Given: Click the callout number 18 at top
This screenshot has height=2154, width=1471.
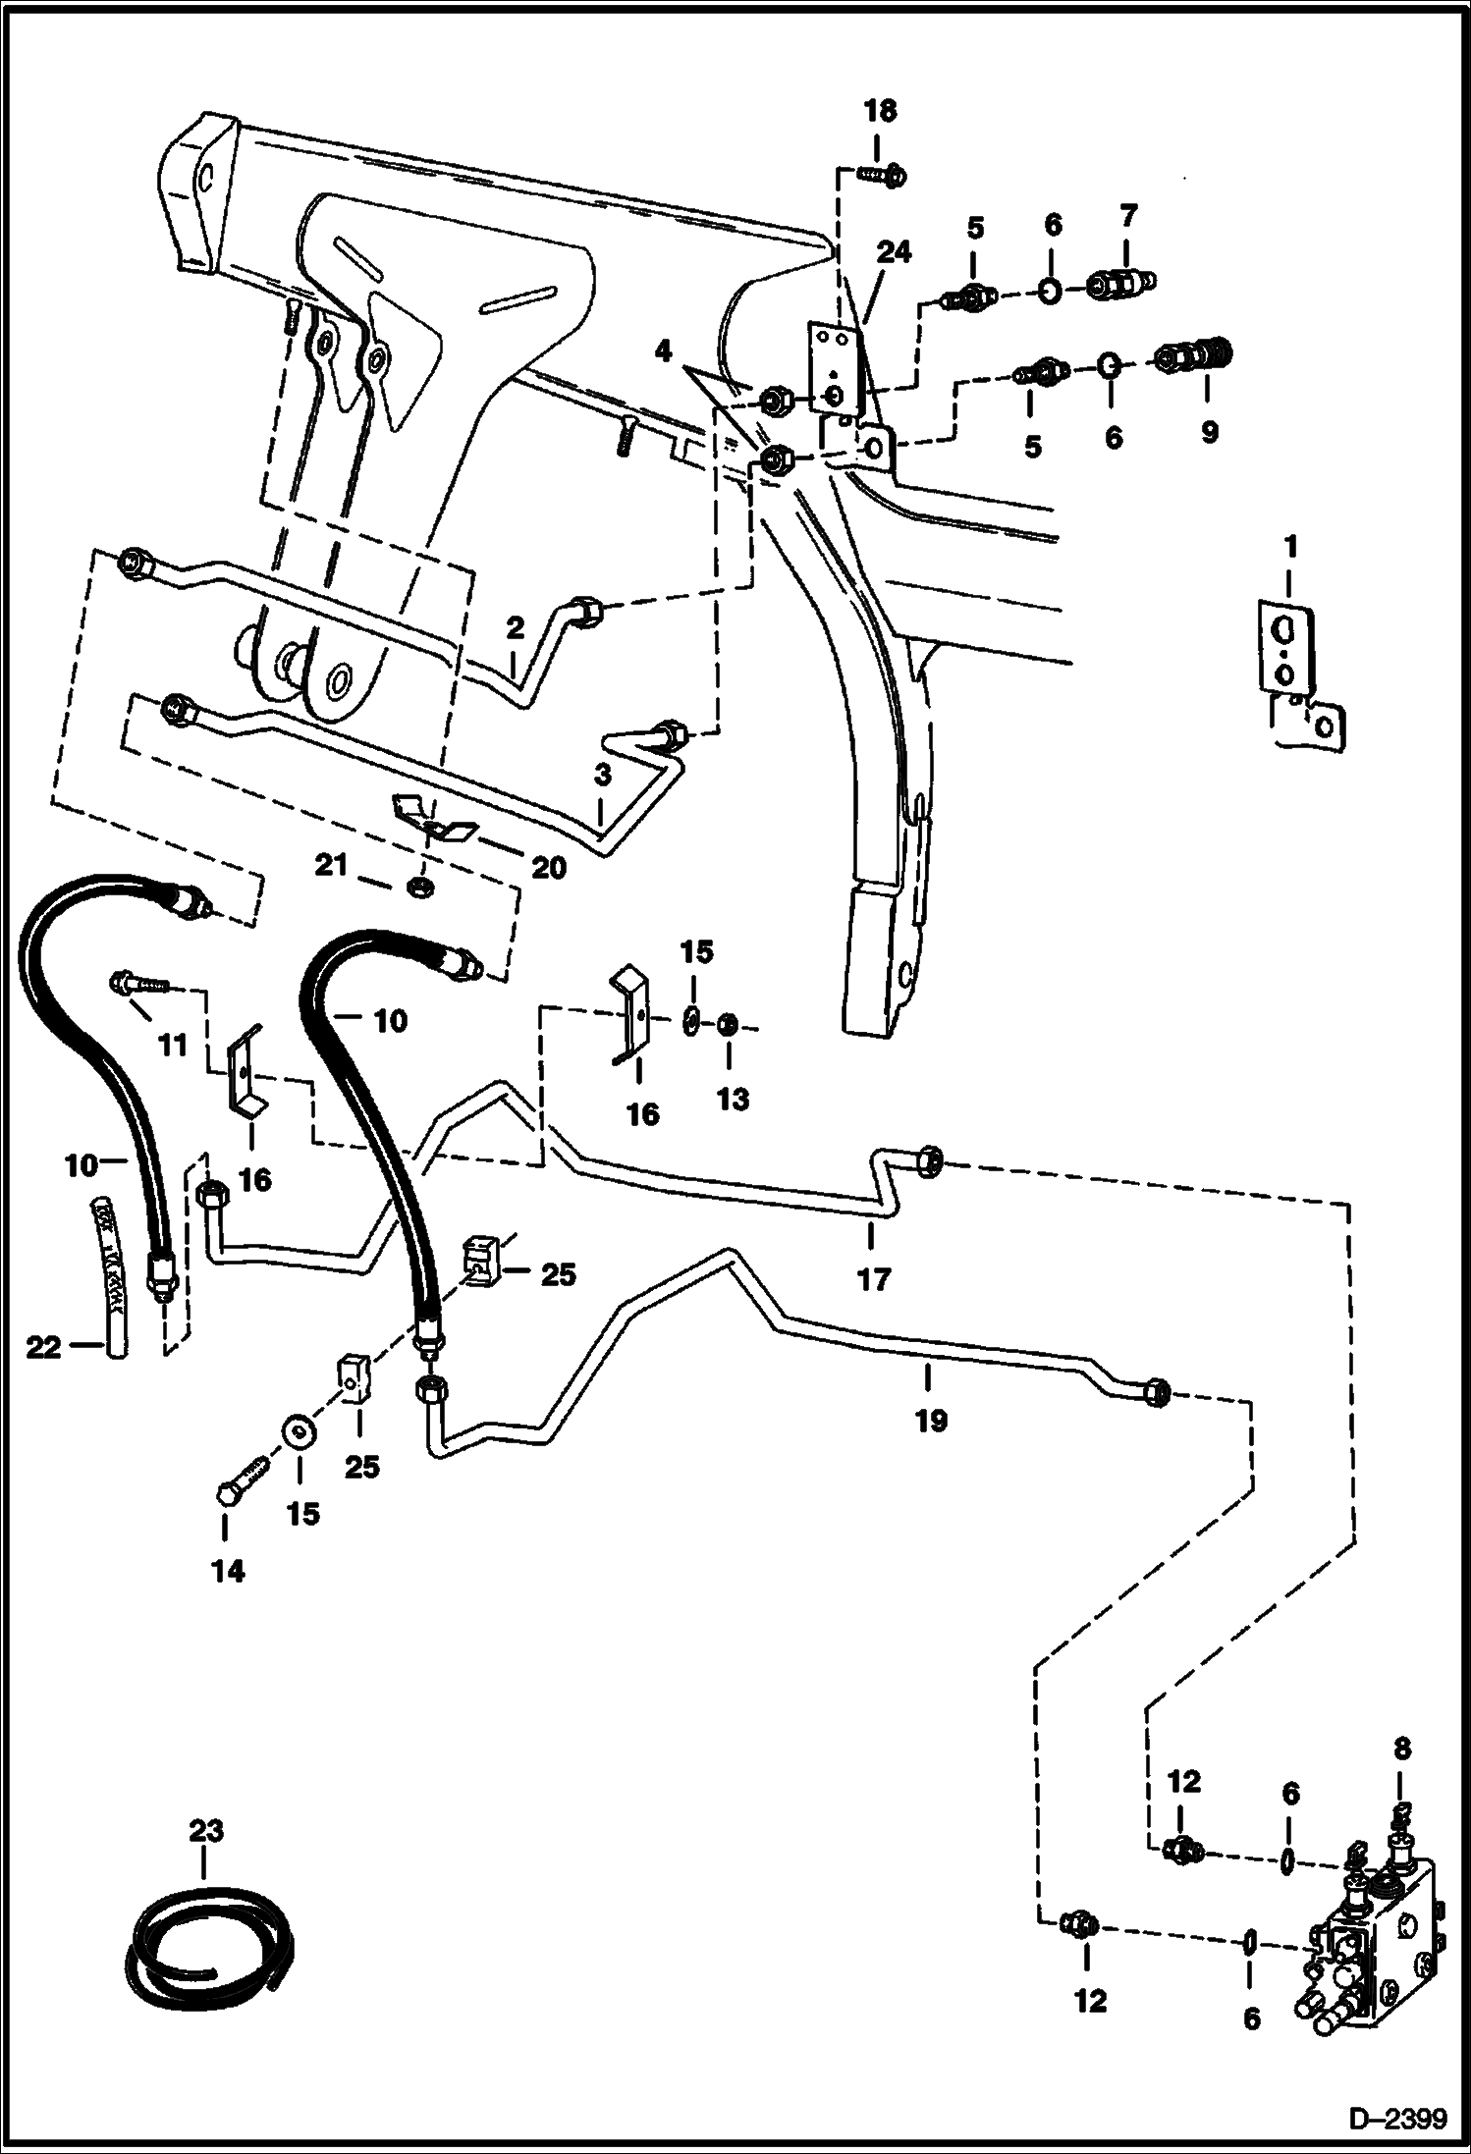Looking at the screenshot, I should pyautogui.click(x=880, y=111).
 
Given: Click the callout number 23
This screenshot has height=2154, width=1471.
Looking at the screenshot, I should pyautogui.click(x=206, y=1830).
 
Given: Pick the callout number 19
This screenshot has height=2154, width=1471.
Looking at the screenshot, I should pyautogui.click(x=931, y=1420).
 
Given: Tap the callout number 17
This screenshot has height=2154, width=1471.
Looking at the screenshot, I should pyautogui.click(x=873, y=1279).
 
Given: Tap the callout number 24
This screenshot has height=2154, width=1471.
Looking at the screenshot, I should pyautogui.click(x=896, y=252).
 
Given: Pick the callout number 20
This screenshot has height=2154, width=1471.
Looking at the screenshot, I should pyautogui.click(x=549, y=868).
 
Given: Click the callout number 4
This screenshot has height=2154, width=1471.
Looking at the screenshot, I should pyautogui.click(x=664, y=351).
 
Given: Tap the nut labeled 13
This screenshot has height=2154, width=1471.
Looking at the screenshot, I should pyautogui.click(x=728, y=1025).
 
